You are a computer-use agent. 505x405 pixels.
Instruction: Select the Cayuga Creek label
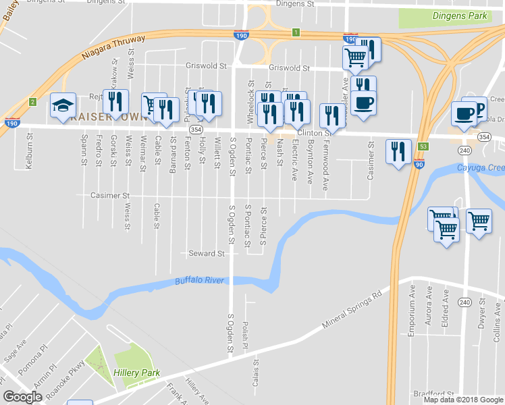(480, 168)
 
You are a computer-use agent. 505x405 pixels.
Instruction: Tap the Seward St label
(206, 254)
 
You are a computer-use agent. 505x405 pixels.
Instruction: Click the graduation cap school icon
(63, 105)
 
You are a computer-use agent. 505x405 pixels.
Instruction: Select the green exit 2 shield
(32, 102)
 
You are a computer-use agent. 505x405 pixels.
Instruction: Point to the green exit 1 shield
(295, 32)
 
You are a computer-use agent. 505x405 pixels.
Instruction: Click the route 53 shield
(423, 146)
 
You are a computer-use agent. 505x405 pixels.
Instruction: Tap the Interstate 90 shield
(419, 164)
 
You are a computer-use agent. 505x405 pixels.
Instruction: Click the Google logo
(23, 397)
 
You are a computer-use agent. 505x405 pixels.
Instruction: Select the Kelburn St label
(30, 150)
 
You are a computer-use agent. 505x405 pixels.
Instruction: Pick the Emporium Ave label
(412, 308)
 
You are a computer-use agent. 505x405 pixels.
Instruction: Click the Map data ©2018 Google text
(464, 400)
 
